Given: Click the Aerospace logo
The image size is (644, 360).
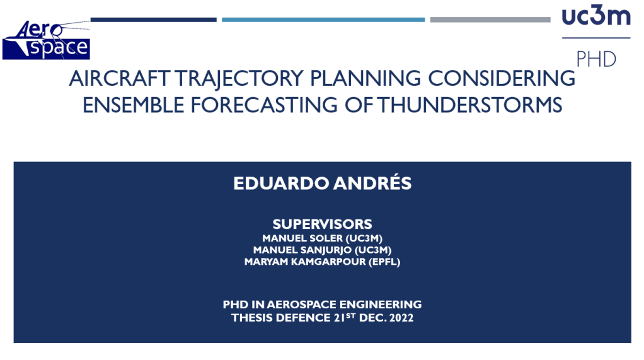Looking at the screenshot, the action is click(46, 40).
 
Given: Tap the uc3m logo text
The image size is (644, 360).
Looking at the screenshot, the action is click(596, 16).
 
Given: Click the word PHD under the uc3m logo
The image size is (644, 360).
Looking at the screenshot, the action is click(596, 60).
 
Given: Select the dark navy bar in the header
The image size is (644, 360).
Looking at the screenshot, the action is click(154, 20).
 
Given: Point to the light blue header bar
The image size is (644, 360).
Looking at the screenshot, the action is click(323, 20).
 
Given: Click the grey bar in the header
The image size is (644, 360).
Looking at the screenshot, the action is click(490, 20).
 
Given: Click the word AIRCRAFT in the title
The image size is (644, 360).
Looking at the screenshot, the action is click(119, 78).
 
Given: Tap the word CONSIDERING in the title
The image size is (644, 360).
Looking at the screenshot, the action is click(502, 78).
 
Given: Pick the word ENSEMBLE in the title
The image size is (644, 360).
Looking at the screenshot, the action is click(134, 105).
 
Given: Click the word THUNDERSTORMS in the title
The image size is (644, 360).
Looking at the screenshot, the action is click(469, 105).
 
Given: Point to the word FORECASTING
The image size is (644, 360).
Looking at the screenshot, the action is click(264, 105).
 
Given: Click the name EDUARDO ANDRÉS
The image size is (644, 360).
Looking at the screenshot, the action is click(323, 183).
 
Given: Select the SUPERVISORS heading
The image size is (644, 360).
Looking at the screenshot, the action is click(323, 224).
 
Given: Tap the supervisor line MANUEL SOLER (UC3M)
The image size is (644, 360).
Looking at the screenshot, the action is click(323, 238).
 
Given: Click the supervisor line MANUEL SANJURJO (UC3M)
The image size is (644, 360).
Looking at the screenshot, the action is click(323, 250).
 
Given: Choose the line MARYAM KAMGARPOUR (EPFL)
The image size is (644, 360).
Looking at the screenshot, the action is click(323, 262).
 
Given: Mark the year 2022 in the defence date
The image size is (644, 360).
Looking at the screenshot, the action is click(401, 318).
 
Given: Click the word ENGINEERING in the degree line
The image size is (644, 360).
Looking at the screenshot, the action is click(381, 305).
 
